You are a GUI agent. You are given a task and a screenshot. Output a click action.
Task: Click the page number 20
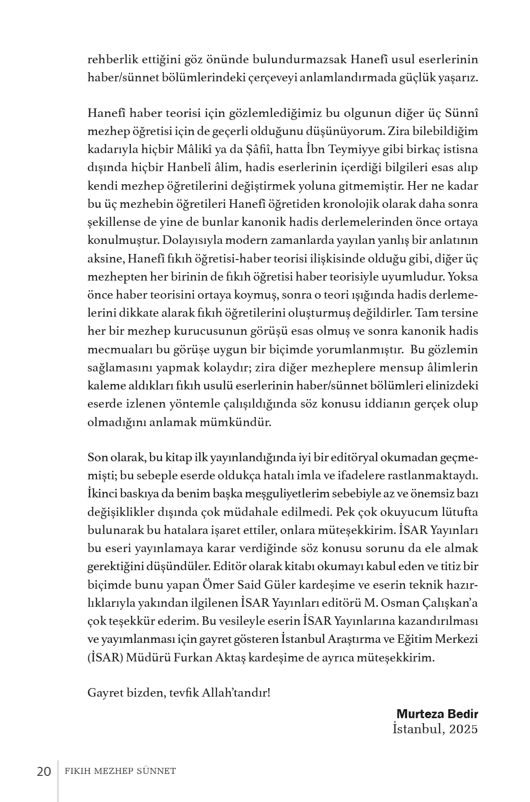44,771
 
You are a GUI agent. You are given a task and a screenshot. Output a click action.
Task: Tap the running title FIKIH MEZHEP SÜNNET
120,771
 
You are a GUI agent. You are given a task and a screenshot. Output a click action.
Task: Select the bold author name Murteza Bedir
437,714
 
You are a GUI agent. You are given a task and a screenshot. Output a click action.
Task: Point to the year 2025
464,729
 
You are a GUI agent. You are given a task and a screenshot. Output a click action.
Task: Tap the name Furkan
192,658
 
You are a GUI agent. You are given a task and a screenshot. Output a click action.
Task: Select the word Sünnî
462,113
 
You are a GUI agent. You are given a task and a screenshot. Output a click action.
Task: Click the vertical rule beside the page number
58,780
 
